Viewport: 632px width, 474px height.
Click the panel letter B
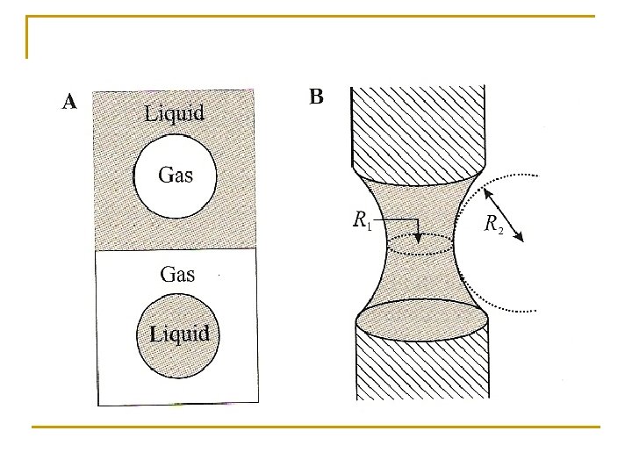pyautogui.click(x=316, y=97)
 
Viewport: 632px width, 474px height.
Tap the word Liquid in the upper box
pyautogui.click(x=175, y=112)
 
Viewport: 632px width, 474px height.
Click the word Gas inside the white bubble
pyautogui.click(x=175, y=174)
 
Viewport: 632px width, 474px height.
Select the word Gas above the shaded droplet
pyautogui.click(x=177, y=274)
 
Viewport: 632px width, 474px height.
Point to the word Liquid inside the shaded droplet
pyautogui.click(x=179, y=334)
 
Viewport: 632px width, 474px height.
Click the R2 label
pyautogui.click(x=494, y=224)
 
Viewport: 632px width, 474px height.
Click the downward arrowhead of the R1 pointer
pyautogui.click(x=419, y=238)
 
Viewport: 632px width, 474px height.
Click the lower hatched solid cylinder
pyautogui.click(x=421, y=369)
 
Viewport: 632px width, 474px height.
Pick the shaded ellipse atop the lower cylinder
pyautogui.click(x=420, y=319)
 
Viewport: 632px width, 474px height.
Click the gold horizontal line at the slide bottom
pyautogui.click(x=316, y=427)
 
